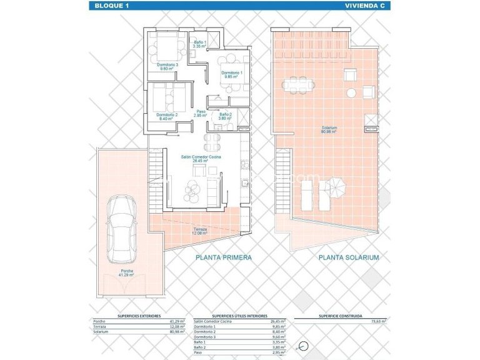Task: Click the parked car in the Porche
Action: click(121, 229)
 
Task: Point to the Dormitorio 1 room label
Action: click(232, 74)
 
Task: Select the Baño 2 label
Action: click(226, 116)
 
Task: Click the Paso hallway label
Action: click(201, 114)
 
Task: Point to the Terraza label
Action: click(200, 231)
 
